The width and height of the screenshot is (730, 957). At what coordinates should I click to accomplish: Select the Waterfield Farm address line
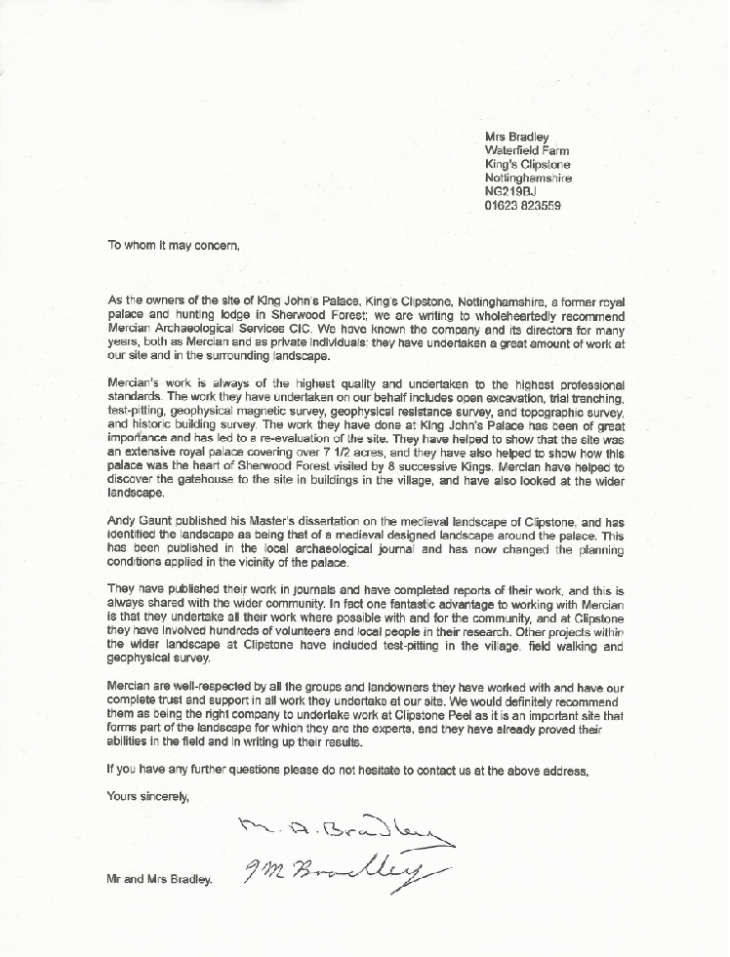tap(528, 150)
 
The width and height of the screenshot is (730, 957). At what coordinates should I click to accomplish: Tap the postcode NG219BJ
tap(513, 192)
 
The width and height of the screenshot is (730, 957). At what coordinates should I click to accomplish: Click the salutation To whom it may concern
tap(173, 246)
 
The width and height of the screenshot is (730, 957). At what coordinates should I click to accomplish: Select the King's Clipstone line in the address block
tap(527, 164)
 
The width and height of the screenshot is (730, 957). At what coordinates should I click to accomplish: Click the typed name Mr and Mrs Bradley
tap(158, 880)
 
